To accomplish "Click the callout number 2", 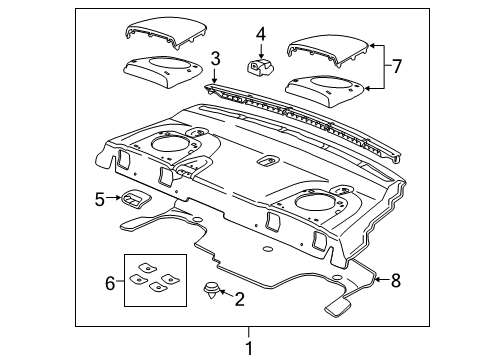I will (240, 297).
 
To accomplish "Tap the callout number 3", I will (215, 60).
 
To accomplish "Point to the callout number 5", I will (100, 200).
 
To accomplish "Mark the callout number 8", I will (395, 281).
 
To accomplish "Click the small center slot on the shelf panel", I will (267, 160).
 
